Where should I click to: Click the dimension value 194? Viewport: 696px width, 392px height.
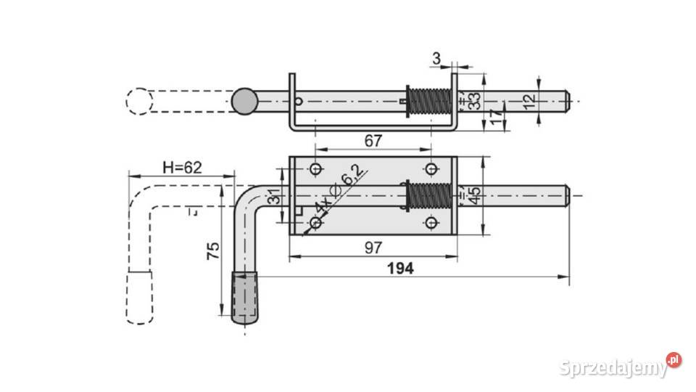400,269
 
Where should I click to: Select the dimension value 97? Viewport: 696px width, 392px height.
373,248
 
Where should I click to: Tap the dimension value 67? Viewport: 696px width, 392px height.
373,141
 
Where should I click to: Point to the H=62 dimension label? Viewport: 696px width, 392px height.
182,168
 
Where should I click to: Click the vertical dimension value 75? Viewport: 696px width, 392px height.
213,251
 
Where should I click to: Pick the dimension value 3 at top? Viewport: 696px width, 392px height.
436,58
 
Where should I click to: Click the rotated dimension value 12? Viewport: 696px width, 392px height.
529,102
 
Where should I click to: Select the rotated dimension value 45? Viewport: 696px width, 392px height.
474,195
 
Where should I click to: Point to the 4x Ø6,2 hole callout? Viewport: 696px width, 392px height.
339,189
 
